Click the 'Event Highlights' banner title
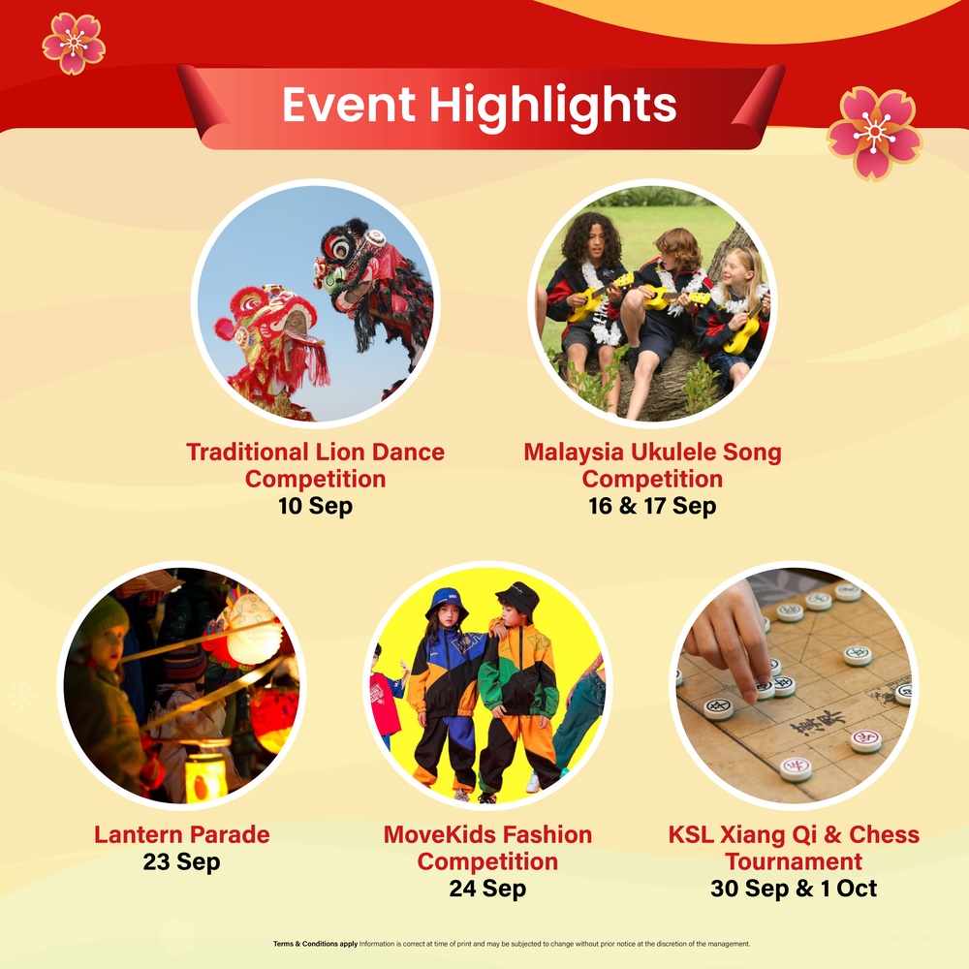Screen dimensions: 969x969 [479, 105]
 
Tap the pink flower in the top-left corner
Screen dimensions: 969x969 [74, 43]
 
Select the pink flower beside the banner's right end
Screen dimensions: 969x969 [874, 133]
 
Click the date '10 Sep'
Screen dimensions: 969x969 [315, 506]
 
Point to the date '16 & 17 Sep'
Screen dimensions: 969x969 [652, 506]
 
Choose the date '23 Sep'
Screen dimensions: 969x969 [181, 861]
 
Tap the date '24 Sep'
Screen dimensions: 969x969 [487, 889]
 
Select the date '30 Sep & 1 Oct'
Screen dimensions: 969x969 [794, 889]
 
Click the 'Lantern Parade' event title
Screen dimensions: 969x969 [182, 834]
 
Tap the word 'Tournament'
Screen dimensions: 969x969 [794, 861]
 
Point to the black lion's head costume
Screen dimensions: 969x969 [349, 257]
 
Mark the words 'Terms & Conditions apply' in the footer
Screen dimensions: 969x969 [315, 944]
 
